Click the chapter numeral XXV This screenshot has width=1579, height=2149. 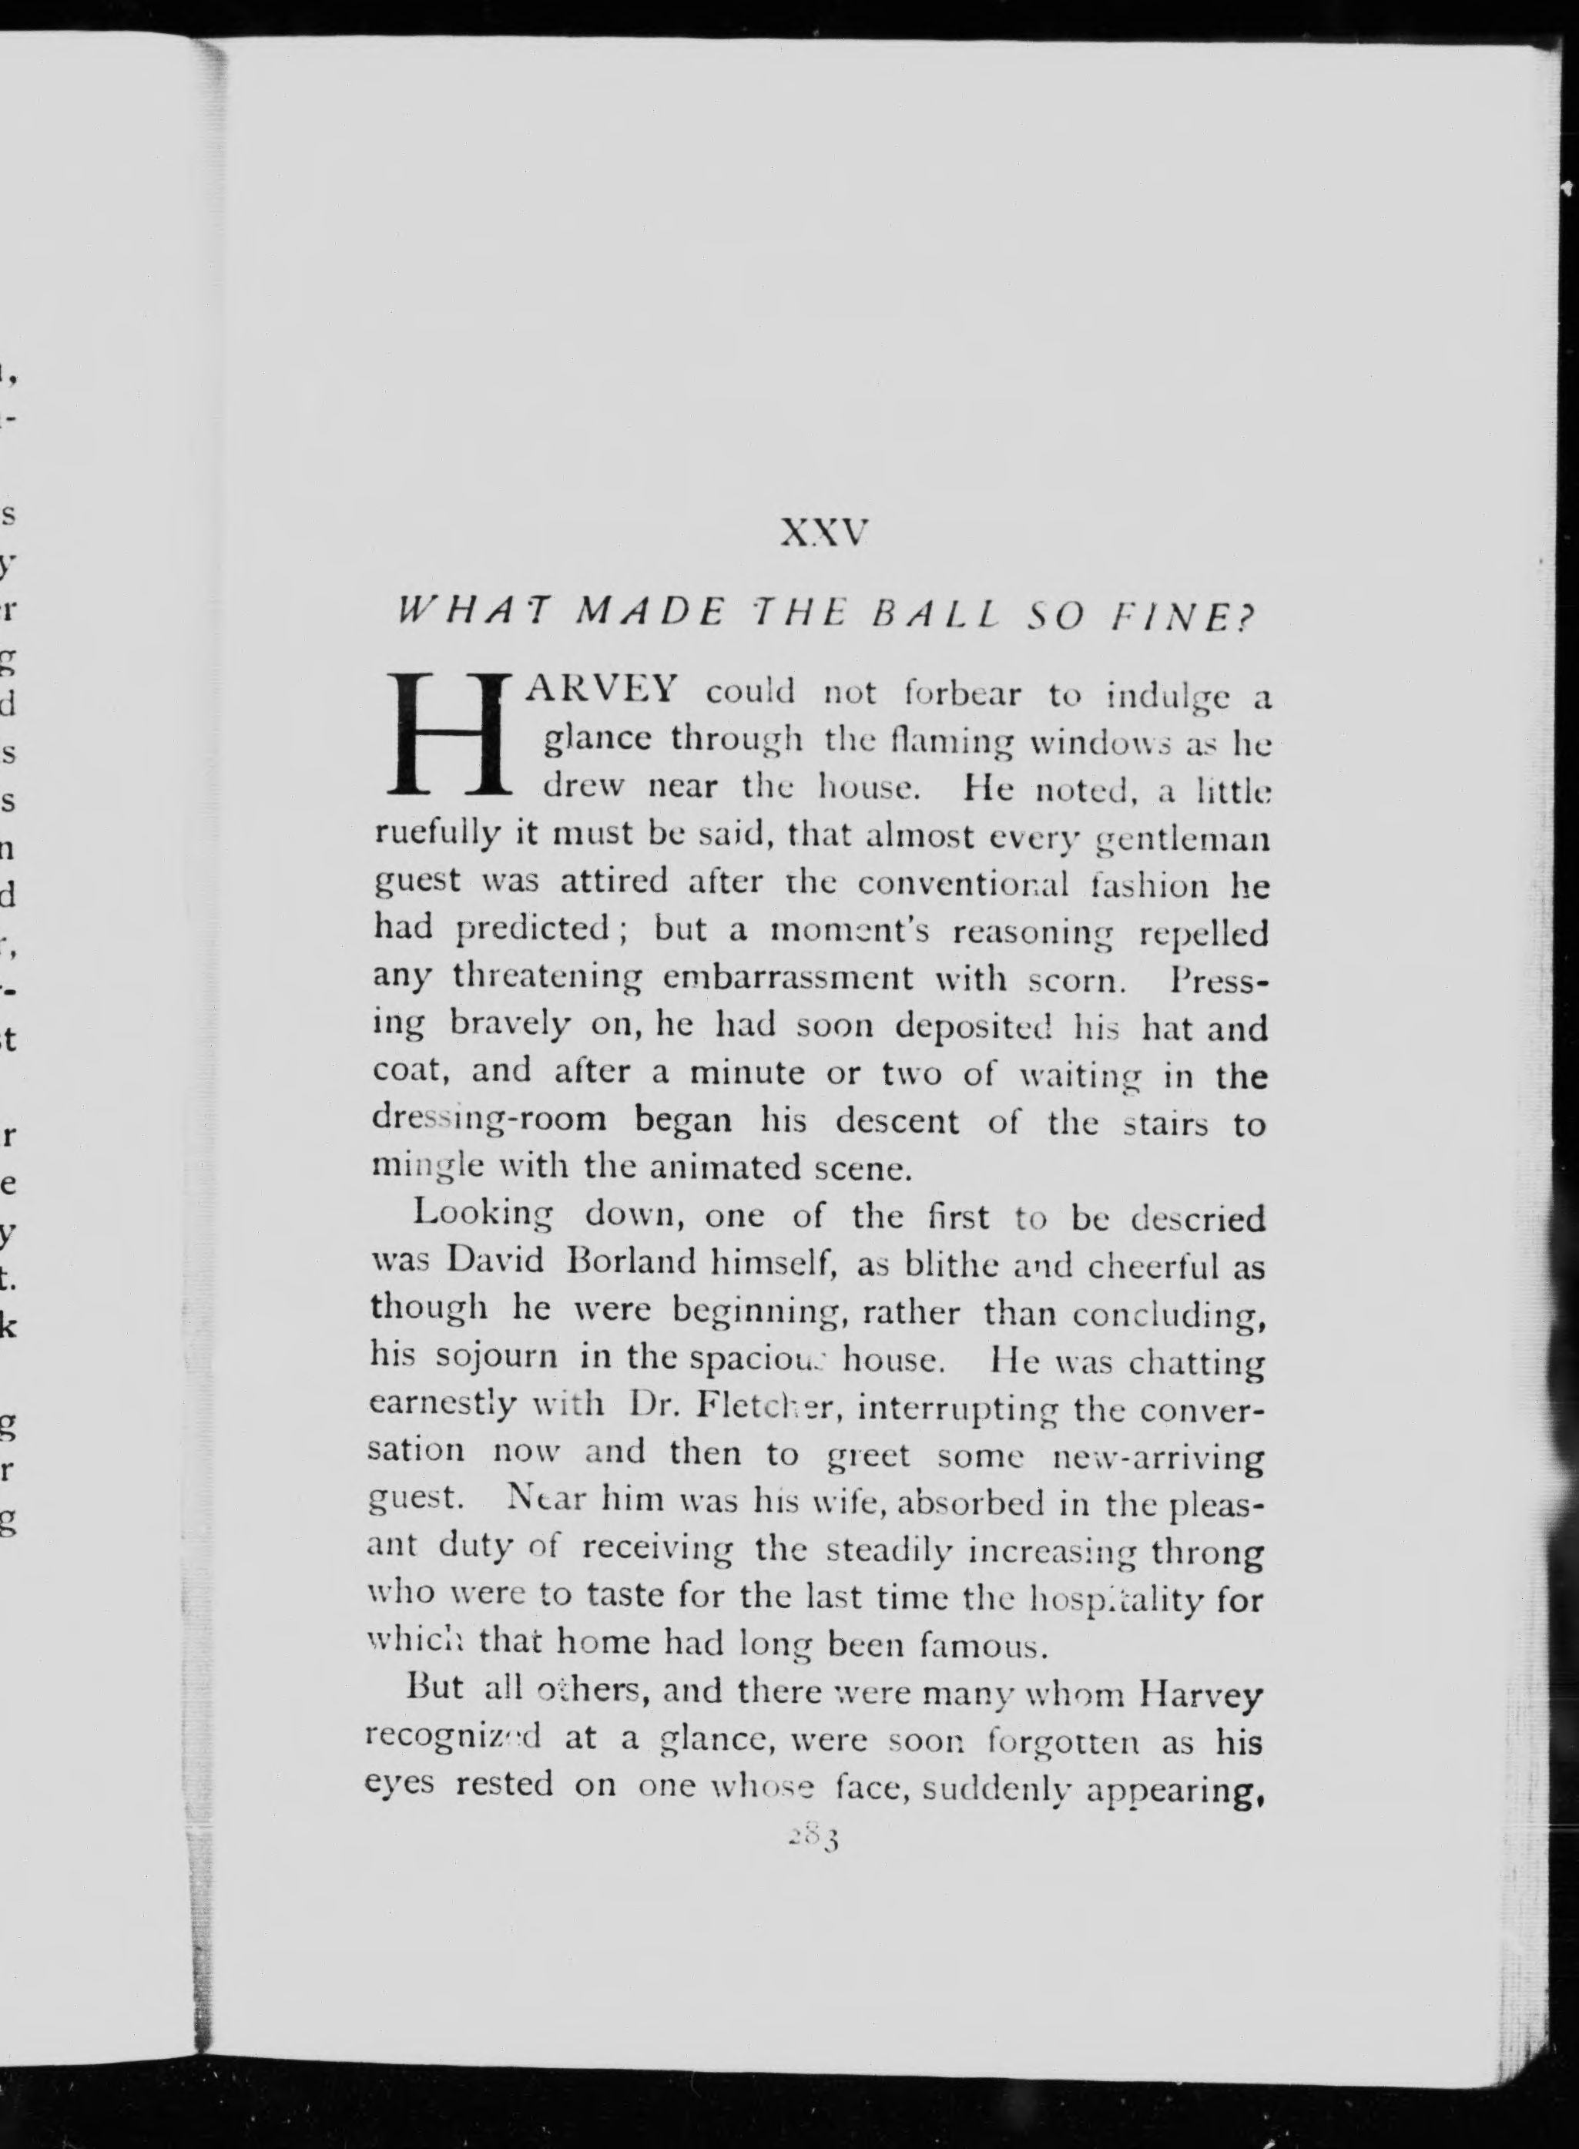coord(823,532)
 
